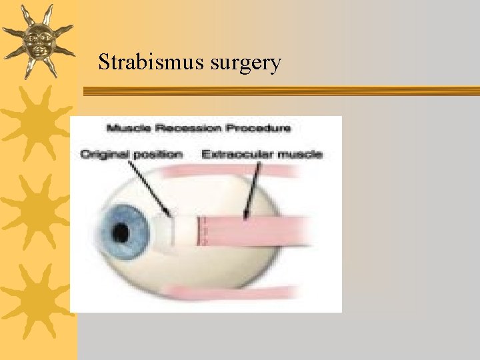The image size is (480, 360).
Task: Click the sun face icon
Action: click(37, 40)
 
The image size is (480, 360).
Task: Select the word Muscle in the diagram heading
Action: click(131, 127)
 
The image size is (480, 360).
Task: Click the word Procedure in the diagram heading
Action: click(259, 127)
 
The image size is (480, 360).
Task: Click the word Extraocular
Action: click(233, 154)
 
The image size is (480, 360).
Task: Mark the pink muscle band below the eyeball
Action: click(233, 291)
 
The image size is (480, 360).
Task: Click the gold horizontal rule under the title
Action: click(280, 91)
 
